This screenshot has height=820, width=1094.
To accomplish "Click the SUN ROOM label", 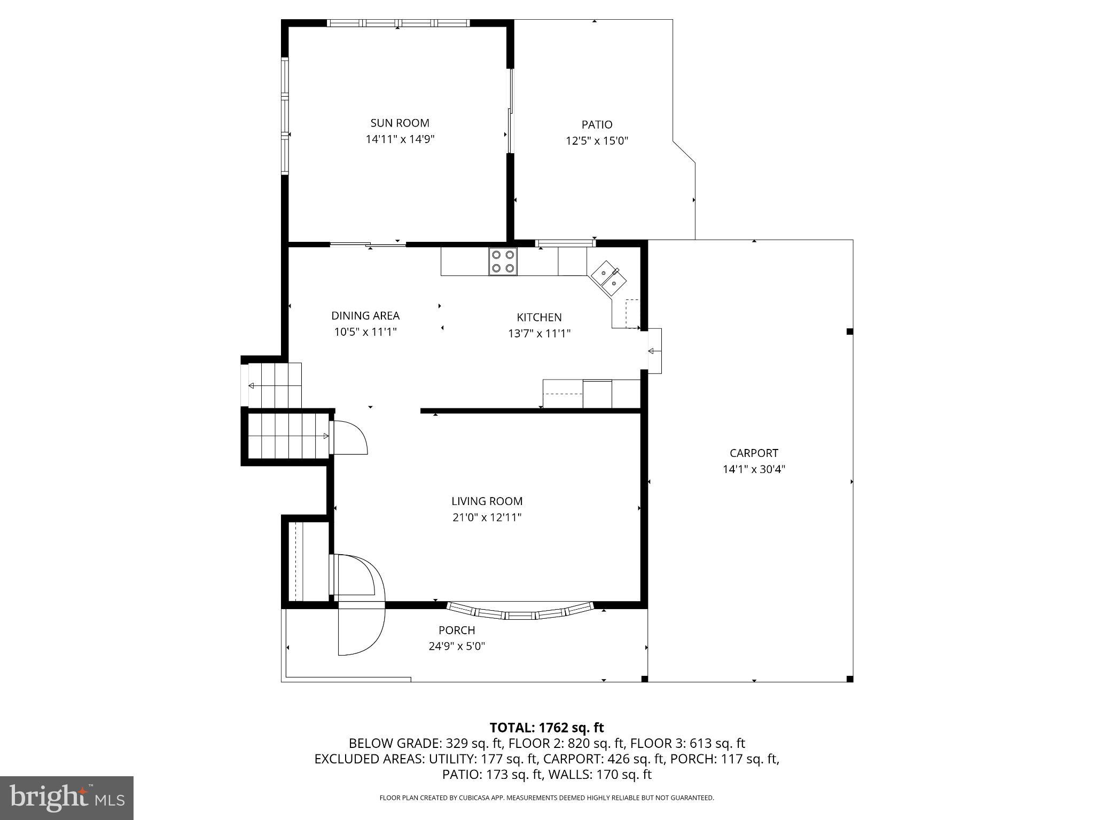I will point(400,123).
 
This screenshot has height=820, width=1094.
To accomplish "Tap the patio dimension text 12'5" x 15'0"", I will point(597,141).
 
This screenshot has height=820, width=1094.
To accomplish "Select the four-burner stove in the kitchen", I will point(503,262).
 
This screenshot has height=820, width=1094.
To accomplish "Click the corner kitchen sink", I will point(609,278).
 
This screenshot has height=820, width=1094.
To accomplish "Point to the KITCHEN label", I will point(539,318).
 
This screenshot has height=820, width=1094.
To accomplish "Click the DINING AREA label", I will point(365,316).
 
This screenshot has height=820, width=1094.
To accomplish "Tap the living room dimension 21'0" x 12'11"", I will point(487,517).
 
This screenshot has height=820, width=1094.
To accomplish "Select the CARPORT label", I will point(754,453).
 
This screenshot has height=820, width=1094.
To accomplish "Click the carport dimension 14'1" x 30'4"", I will point(754,470).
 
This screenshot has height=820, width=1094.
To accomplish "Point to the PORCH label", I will point(457,630).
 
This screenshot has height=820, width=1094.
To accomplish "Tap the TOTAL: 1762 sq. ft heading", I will point(546,728).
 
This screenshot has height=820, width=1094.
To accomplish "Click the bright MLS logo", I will point(67,798).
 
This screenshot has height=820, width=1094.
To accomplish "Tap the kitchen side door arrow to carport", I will point(652,351).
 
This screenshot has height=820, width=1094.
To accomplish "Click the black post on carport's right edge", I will point(849,332).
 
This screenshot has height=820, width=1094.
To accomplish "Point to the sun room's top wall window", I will point(398,23).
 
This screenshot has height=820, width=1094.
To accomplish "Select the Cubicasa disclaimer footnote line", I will point(546,798).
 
